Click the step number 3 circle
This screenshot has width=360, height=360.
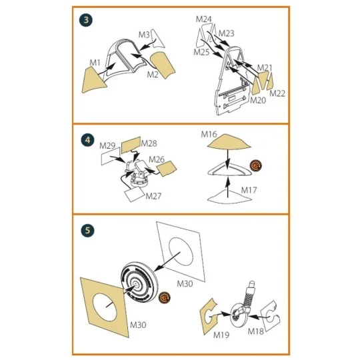point(86,20)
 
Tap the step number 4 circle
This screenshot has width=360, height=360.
point(88,140)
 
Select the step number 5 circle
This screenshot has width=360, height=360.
point(88,230)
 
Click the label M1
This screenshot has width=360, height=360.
point(95,63)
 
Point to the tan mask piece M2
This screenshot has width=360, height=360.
point(163,65)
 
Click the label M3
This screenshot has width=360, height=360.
point(144,35)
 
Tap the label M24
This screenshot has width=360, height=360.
point(203,19)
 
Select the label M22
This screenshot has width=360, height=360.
point(277,93)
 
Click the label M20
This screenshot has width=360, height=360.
point(258,100)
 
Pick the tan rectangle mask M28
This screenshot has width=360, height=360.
point(131,145)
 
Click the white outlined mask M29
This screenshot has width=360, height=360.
point(111,156)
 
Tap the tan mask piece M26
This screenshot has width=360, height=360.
point(167,169)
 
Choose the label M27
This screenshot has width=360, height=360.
point(153,196)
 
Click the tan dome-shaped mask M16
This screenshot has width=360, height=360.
point(229,141)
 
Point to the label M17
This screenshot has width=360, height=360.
point(249,190)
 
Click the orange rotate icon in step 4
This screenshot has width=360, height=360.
point(256,165)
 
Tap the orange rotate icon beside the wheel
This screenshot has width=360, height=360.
point(165,298)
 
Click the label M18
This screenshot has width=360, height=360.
point(255,331)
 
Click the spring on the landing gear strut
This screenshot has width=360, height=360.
point(249,297)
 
